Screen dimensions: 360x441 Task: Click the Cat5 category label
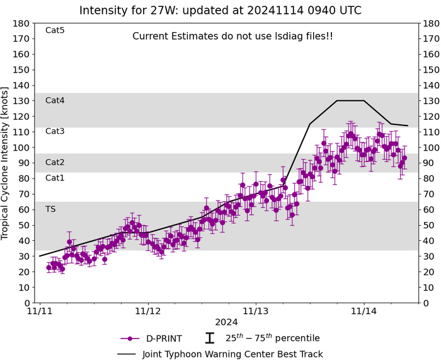point(55,30)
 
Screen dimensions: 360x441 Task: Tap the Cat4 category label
point(55,100)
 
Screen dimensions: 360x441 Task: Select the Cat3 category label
point(55,131)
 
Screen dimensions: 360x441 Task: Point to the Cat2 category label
point(55,163)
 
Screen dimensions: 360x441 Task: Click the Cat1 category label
point(55,178)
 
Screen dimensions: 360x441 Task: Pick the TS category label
point(50,209)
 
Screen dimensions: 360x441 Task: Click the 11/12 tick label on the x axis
point(148,311)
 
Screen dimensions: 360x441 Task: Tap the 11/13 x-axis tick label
point(256,311)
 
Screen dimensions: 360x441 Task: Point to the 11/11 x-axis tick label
point(40,311)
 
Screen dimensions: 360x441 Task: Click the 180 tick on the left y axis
point(23,23)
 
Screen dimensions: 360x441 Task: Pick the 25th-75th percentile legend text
point(272,338)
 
